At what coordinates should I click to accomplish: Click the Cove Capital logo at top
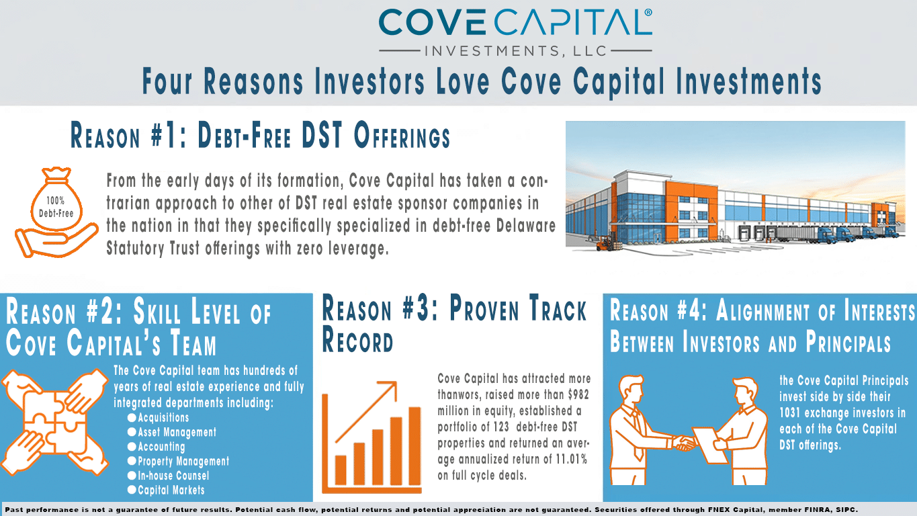(x=515, y=31)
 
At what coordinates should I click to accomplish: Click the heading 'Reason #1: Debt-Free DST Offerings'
(x=260, y=137)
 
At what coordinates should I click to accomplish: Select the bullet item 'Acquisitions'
(x=163, y=417)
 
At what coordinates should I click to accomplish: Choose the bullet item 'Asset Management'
(x=177, y=432)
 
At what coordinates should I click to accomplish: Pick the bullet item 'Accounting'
(x=161, y=447)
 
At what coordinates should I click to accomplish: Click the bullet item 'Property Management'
(x=183, y=462)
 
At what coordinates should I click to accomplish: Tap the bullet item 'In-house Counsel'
(x=173, y=476)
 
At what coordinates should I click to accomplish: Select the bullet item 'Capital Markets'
(x=171, y=490)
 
